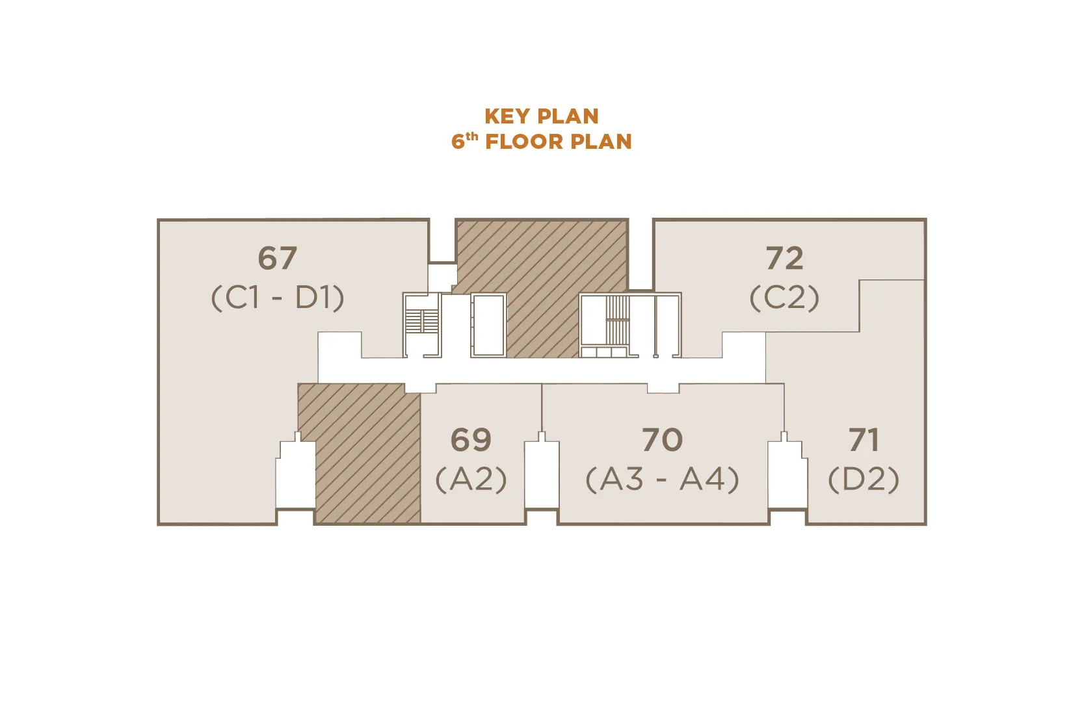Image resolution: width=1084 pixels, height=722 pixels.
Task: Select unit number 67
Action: click(x=277, y=258)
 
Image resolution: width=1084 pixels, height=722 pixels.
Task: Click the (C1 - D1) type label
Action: click(x=278, y=298)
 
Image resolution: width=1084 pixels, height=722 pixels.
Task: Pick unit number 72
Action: click(x=784, y=258)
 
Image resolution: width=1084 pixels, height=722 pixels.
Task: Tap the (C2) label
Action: click(x=784, y=298)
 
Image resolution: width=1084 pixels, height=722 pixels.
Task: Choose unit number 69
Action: click(x=471, y=439)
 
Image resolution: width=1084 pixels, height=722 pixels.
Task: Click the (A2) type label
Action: click(x=471, y=479)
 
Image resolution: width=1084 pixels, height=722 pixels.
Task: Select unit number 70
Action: click(x=663, y=439)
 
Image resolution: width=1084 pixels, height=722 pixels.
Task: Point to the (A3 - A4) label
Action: click(x=663, y=479)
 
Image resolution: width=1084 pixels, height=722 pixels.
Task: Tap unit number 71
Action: click(x=864, y=439)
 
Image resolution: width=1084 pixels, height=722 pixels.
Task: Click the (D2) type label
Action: click(x=864, y=479)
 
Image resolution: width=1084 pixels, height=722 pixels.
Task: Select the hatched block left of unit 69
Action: click(x=359, y=454)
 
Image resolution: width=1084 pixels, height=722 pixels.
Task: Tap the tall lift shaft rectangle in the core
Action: click(x=488, y=326)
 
